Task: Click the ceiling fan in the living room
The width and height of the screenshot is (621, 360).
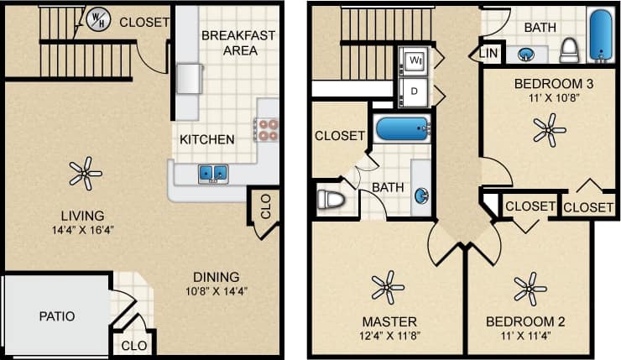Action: (84, 174)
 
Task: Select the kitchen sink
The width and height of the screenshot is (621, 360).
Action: (212, 173)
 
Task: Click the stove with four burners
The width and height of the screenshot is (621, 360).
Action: (267, 128)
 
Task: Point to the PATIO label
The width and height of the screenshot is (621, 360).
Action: (56, 316)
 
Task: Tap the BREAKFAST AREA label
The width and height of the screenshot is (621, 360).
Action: (228, 43)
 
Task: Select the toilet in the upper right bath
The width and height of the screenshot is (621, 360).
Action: (570, 50)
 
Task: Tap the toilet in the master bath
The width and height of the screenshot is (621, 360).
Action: (331, 201)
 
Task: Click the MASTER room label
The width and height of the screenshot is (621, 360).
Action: (389, 321)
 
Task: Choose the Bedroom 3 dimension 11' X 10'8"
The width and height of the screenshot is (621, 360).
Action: (548, 99)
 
